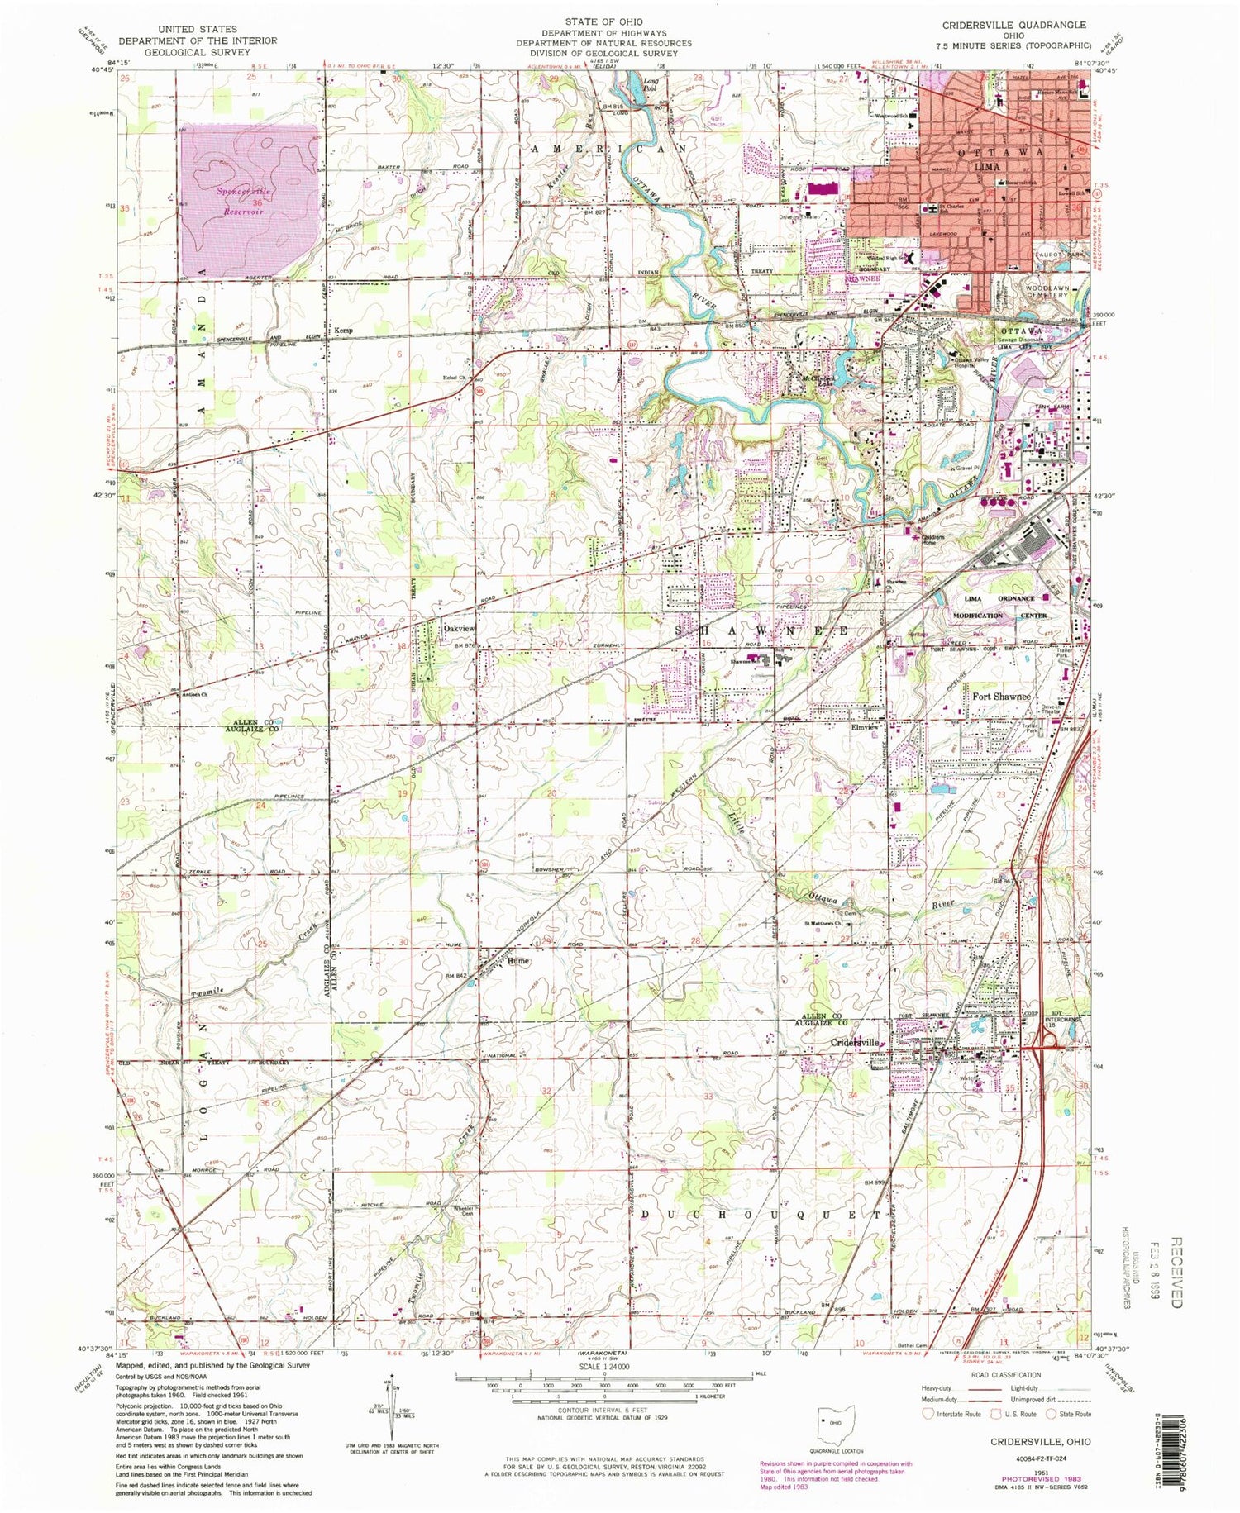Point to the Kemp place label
pos(343,331)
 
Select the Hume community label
pos(518,962)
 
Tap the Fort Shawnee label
pos(1000,697)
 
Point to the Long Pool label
pos(652,83)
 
